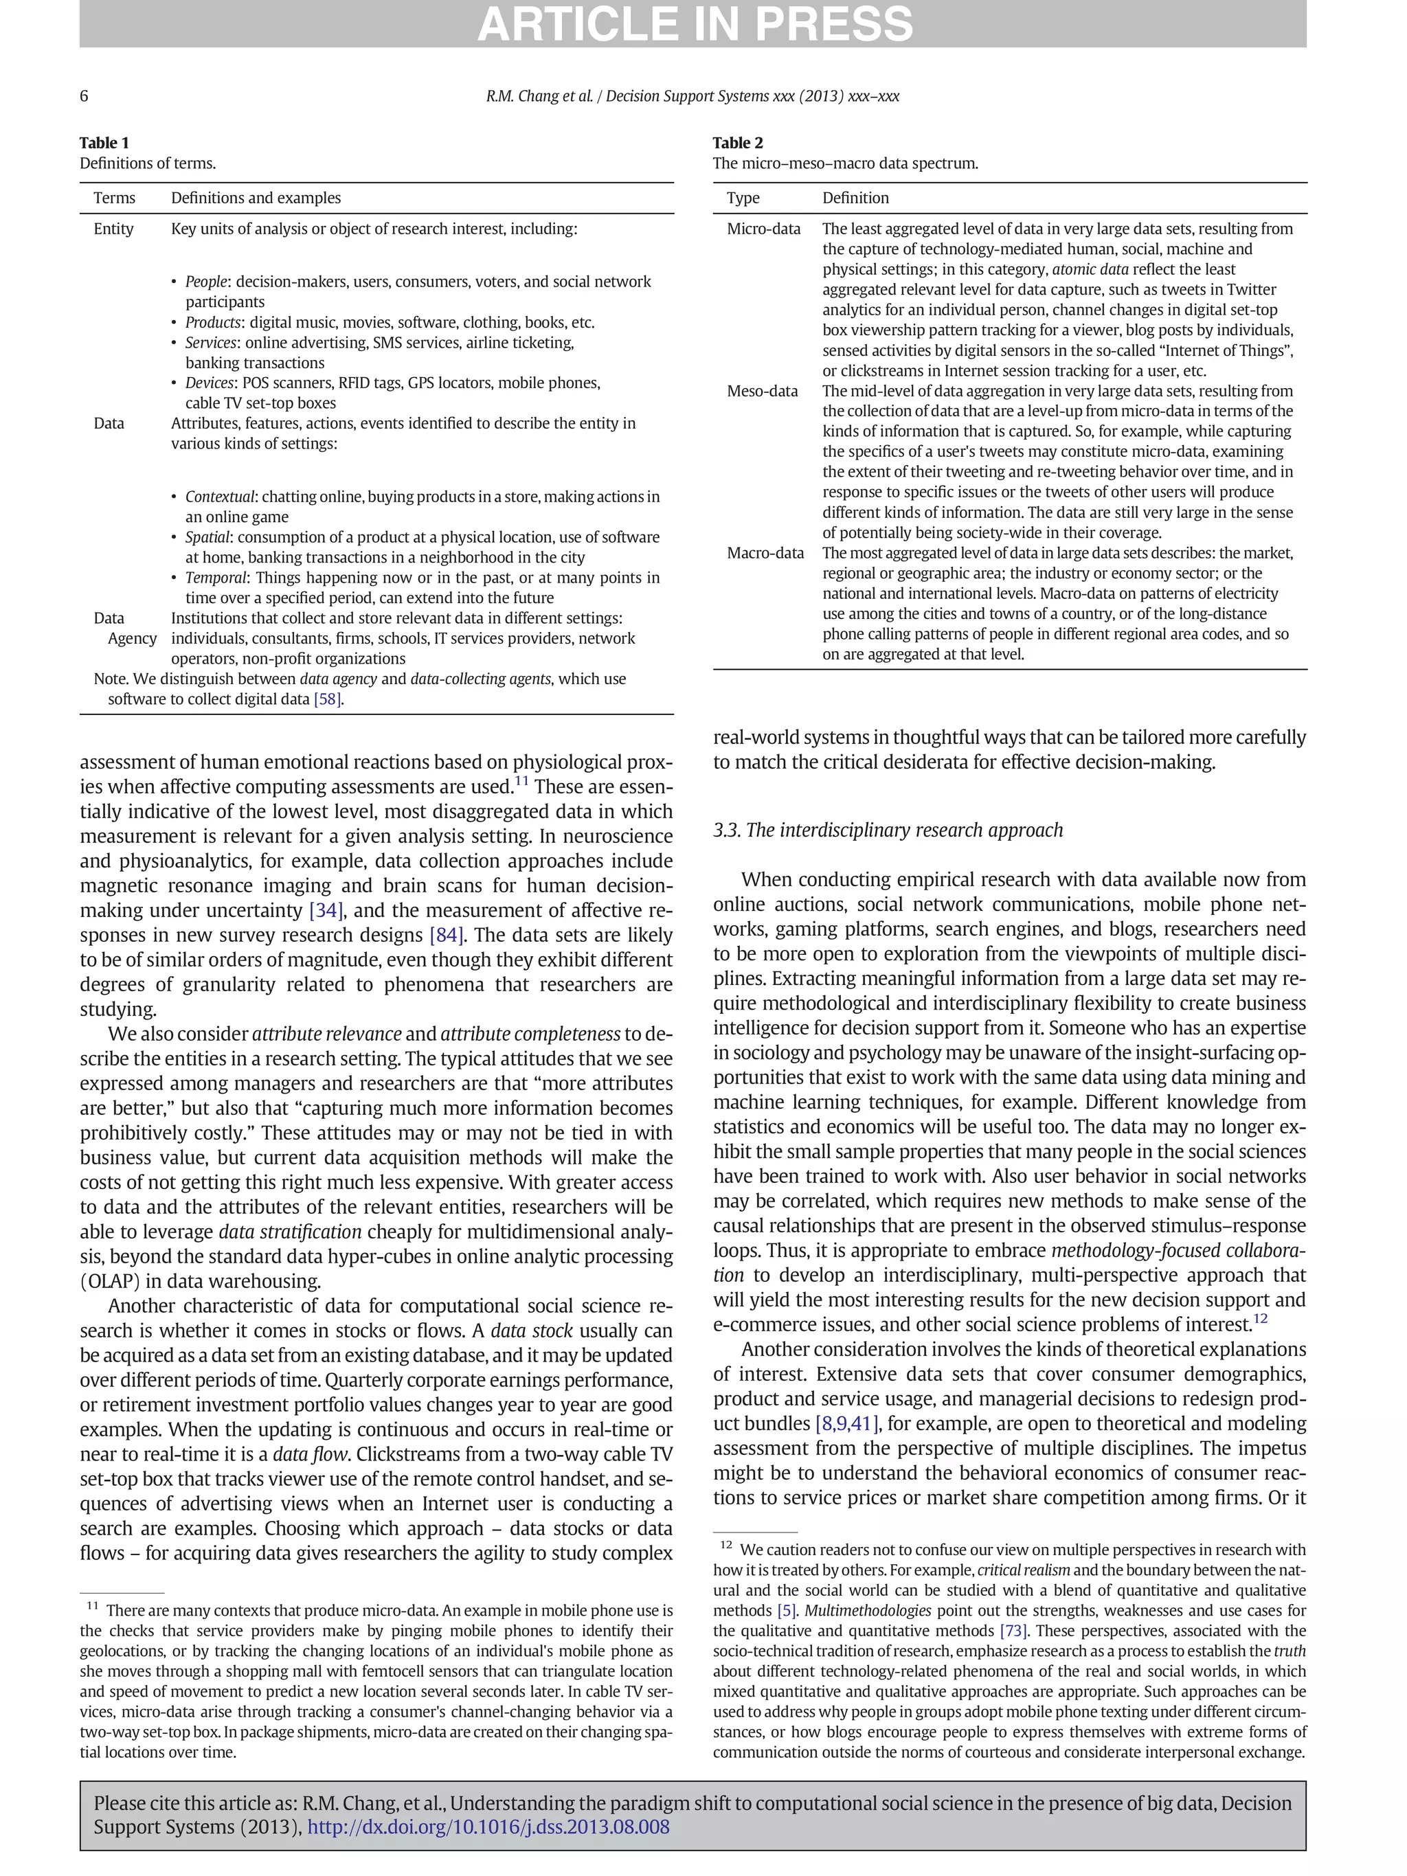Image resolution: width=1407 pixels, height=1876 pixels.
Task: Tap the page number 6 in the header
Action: (x=84, y=96)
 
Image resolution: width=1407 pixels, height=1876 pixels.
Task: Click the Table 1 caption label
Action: (x=104, y=142)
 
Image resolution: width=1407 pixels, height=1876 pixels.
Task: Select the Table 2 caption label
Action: (x=737, y=142)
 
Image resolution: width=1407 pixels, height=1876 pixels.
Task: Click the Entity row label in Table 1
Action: (x=113, y=228)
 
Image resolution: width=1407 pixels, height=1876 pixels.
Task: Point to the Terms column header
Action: (x=113, y=198)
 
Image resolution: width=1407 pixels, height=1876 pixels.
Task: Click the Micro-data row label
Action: (x=763, y=228)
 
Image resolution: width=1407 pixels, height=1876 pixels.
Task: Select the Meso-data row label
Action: (x=762, y=391)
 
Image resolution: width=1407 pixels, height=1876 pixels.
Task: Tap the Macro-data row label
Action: (x=764, y=553)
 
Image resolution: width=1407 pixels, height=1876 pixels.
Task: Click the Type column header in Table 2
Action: (x=742, y=198)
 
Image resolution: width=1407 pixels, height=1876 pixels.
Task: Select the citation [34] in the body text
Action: (x=326, y=911)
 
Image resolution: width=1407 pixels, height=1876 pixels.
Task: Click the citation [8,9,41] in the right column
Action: (x=846, y=1424)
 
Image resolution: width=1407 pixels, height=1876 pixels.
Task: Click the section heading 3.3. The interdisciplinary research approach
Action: (x=887, y=830)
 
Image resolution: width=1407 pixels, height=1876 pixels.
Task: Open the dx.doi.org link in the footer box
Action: (x=488, y=1827)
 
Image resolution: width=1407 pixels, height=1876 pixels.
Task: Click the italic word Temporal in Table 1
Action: (x=216, y=578)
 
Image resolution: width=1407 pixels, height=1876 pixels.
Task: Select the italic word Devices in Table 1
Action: (x=210, y=383)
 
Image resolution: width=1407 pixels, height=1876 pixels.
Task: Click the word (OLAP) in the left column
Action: (x=109, y=1282)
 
